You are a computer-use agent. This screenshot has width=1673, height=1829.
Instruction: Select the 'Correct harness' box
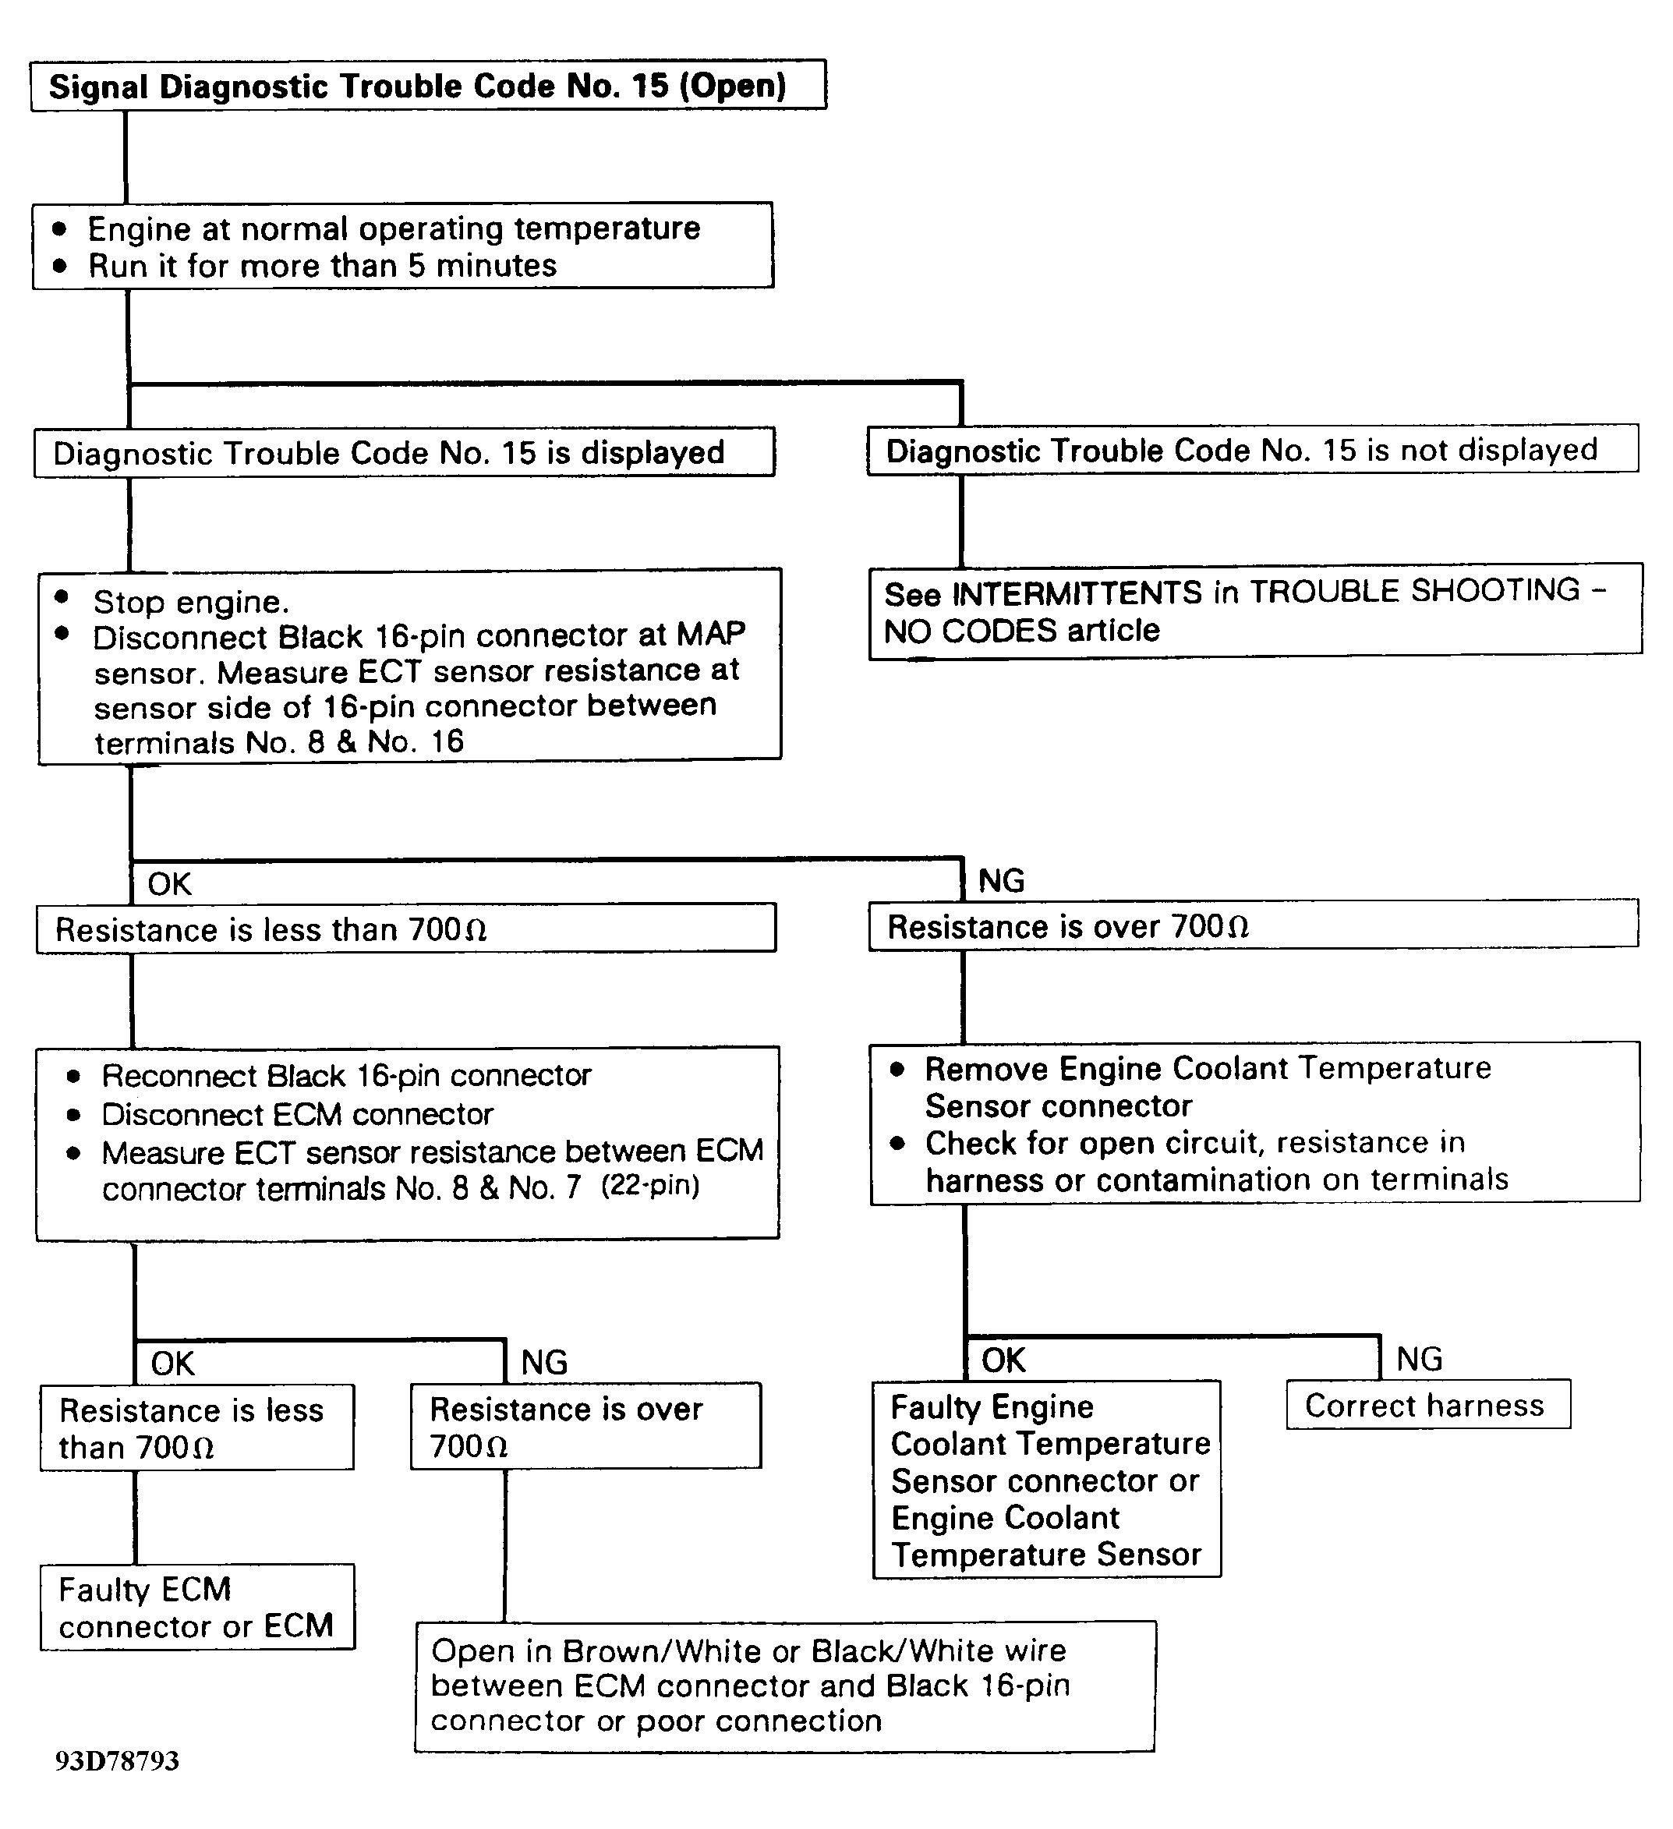click(x=1427, y=1406)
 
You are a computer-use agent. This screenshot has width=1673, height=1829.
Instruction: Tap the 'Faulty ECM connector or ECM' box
click(x=197, y=1608)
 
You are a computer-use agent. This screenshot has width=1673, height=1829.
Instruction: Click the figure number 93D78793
click(x=117, y=1761)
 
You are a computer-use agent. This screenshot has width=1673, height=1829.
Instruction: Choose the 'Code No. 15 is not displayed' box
click(x=1252, y=450)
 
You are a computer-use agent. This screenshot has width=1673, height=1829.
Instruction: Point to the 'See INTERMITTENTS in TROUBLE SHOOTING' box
click(x=1255, y=610)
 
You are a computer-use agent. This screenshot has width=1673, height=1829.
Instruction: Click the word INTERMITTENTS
click(x=1077, y=593)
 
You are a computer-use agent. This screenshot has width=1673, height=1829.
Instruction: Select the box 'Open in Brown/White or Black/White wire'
click(x=785, y=1686)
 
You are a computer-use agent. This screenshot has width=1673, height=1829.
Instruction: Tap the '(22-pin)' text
click(x=650, y=1186)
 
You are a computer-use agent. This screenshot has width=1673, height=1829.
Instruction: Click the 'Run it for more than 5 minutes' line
click(x=322, y=266)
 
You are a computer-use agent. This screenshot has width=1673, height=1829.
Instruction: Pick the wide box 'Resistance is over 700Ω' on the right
click(x=1252, y=926)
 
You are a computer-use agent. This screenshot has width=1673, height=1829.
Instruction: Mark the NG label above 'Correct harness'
click(x=1419, y=1359)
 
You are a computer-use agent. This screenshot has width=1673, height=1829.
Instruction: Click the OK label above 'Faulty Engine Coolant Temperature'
click(x=1003, y=1360)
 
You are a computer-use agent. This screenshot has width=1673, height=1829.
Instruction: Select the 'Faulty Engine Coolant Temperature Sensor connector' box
click(x=1046, y=1480)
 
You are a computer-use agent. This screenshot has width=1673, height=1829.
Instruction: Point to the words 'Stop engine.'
click(x=190, y=602)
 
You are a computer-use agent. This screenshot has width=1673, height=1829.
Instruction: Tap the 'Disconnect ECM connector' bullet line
click(x=297, y=1114)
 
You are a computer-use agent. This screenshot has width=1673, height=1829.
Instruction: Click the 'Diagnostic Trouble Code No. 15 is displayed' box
click(x=404, y=453)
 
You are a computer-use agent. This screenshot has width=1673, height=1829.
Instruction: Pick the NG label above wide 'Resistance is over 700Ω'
click(x=1001, y=881)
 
